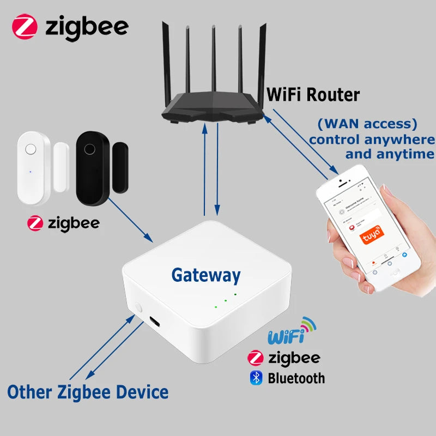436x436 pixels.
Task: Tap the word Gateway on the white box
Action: pyautogui.click(x=205, y=275)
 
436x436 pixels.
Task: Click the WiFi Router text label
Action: pyautogui.click(x=313, y=95)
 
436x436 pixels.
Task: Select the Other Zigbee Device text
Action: pyautogui.click(x=88, y=391)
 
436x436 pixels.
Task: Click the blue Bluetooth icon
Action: pyautogui.click(x=256, y=378)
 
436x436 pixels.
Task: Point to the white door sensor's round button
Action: pyautogui.click(x=31, y=149)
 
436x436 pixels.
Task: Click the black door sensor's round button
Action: pyautogui.click(x=90, y=148)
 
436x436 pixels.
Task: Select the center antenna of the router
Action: pyautogui.click(x=213, y=60)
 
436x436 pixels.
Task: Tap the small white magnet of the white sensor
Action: pyautogui.click(x=60, y=166)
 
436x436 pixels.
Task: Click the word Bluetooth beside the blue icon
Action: pyautogui.click(x=296, y=378)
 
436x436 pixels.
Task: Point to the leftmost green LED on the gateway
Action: pyautogui.click(x=216, y=306)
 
